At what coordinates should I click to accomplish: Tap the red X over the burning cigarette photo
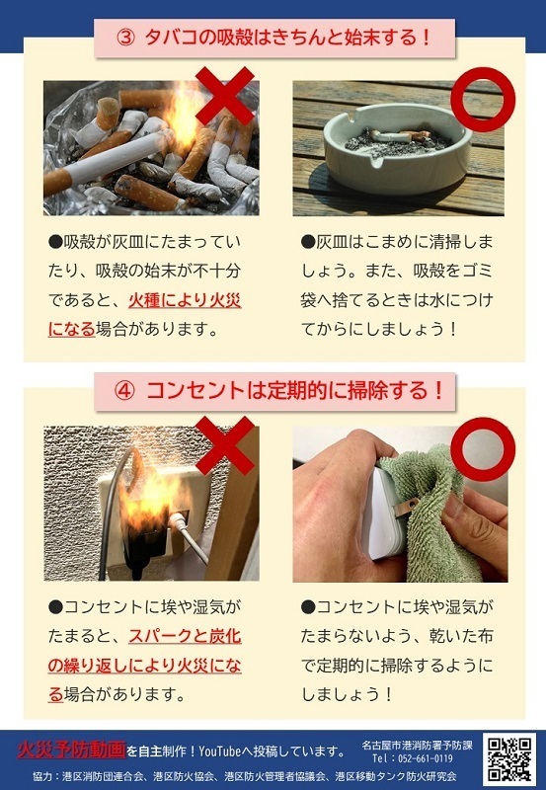click(x=224, y=95)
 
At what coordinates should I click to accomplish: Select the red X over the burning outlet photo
click(x=224, y=445)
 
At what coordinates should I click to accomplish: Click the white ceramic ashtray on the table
click(x=395, y=148)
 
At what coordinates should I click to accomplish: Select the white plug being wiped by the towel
click(x=380, y=513)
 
